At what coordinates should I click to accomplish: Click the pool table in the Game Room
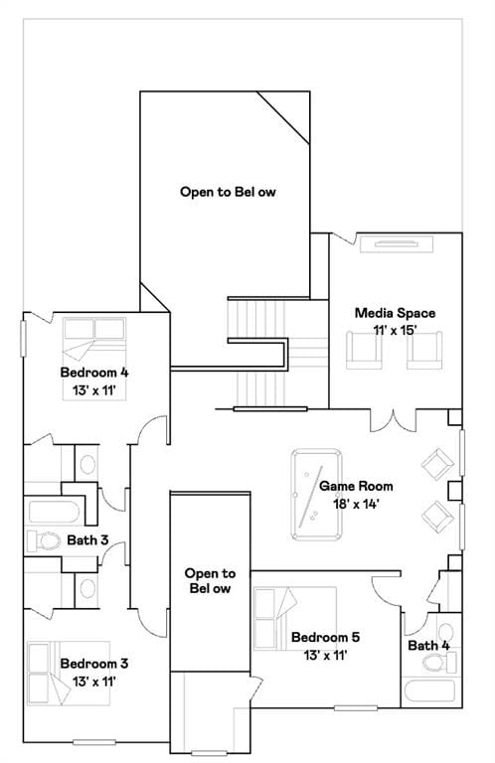(x=316, y=495)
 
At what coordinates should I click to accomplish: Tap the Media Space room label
(x=395, y=313)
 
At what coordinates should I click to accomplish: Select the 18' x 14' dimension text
(x=356, y=504)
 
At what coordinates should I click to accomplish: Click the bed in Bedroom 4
(x=94, y=359)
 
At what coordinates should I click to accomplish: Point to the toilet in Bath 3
(x=44, y=540)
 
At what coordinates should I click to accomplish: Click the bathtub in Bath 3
(x=54, y=512)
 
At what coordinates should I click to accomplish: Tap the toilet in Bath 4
(x=439, y=663)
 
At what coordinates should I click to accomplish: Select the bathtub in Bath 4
(x=429, y=691)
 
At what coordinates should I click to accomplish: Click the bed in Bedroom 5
(x=295, y=619)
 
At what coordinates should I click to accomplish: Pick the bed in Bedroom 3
(x=69, y=674)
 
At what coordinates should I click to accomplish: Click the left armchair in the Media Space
(x=364, y=351)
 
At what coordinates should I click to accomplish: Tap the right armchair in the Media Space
(x=424, y=351)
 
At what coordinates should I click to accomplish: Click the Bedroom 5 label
(x=325, y=637)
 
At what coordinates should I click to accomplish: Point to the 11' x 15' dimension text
(x=395, y=331)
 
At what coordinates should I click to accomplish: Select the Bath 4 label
(x=428, y=646)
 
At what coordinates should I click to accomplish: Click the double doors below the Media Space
(x=394, y=421)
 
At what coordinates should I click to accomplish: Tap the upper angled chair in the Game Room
(x=437, y=464)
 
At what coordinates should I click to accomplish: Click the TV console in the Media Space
(x=397, y=244)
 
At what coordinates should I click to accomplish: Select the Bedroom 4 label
(x=94, y=373)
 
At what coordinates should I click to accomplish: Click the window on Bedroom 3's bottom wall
(x=94, y=742)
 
